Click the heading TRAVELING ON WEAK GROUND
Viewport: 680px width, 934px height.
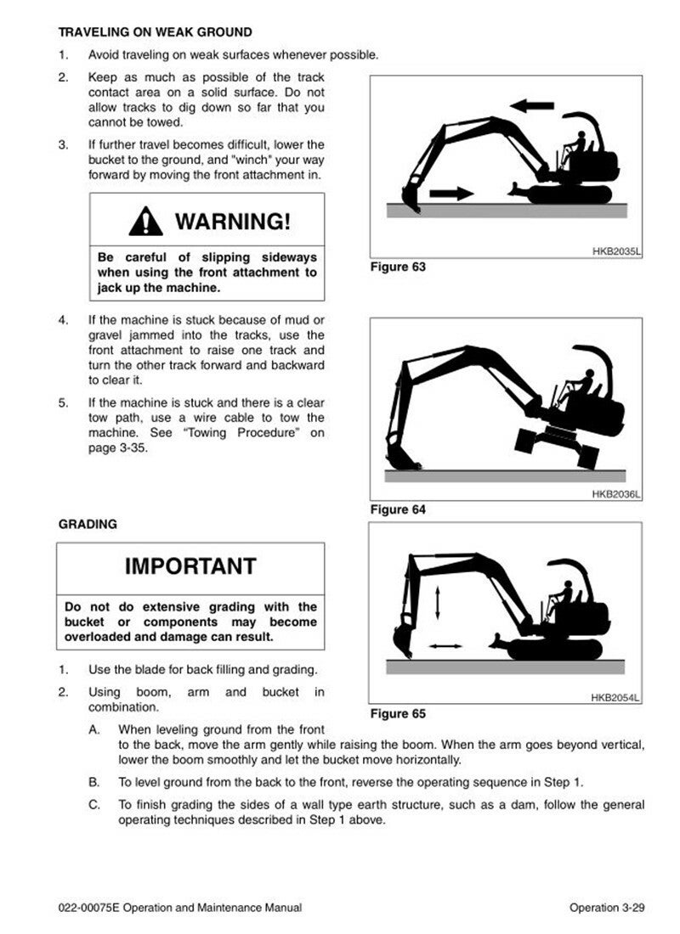pyautogui.click(x=155, y=32)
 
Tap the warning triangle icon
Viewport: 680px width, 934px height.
pyautogui.click(x=145, y=222)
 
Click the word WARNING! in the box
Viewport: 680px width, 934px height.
pyautogui.click(x=233, y=221)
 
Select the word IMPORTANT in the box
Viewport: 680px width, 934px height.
pyautogui.click(x=190, y=565)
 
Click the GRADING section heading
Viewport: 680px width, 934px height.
pyautogui.click(x=88, y=524)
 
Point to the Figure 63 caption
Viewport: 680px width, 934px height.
pyautogui.click(x=398, y=267)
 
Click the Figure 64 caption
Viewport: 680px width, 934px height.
pyautogui.click(x=398, y=509)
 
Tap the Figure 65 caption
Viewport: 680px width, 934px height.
pyautogui.click(x=398, y=713)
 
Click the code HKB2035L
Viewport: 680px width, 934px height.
pyautogui.click(x=616, y=251)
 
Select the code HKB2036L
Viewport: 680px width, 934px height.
pyautogui.click(x=616, y=494)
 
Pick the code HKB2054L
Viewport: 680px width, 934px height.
pyautogui.click(x=615, y=697)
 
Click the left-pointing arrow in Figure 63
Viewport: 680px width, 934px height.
pyautogui.click(x=532, y=106)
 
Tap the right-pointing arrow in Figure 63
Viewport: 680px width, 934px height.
pyautogui.click(x=451, y=193)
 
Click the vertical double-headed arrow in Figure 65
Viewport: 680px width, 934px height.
pyautogui.click(x=438, y=603)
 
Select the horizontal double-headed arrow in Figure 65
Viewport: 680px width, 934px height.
pyautogui.click(x=445, y=645)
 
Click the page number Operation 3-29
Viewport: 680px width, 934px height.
pyautogui.click(x=607, y=908)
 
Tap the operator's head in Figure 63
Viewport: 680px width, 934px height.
pyautogui.click(x=581, y=134)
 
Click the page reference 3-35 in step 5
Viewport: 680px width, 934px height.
pyautogui.click(x=133, y=448)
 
